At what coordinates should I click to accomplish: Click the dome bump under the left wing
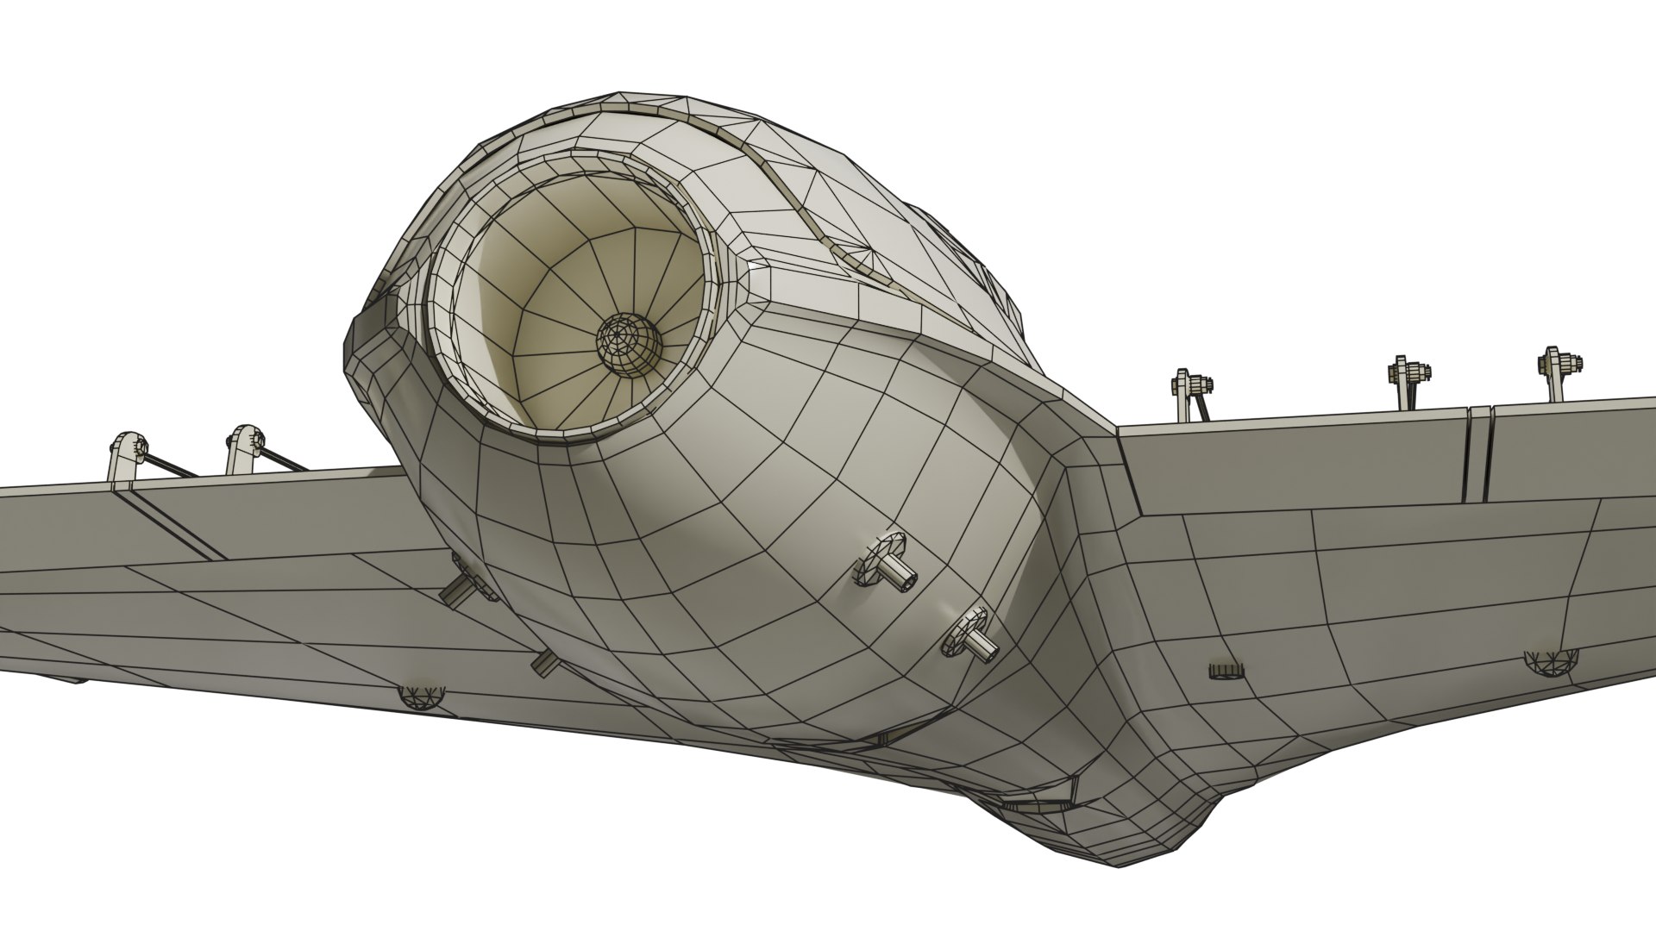[422, 696]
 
